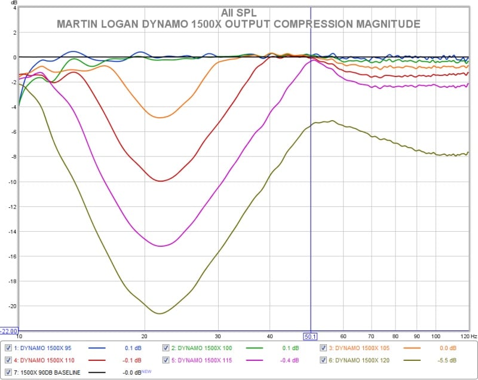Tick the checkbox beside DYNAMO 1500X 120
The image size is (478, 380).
point(323,360)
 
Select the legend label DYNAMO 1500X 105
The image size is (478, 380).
point(359,348)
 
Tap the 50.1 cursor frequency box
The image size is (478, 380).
point(310,336)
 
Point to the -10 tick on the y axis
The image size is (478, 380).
point(11,182)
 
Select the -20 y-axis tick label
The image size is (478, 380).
point(11,306)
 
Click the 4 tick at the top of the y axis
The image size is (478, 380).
point(14,8)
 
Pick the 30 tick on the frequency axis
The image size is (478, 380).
point(218,336)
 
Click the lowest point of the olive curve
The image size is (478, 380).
point(160,313)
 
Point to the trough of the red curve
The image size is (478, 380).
point(160,180)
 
